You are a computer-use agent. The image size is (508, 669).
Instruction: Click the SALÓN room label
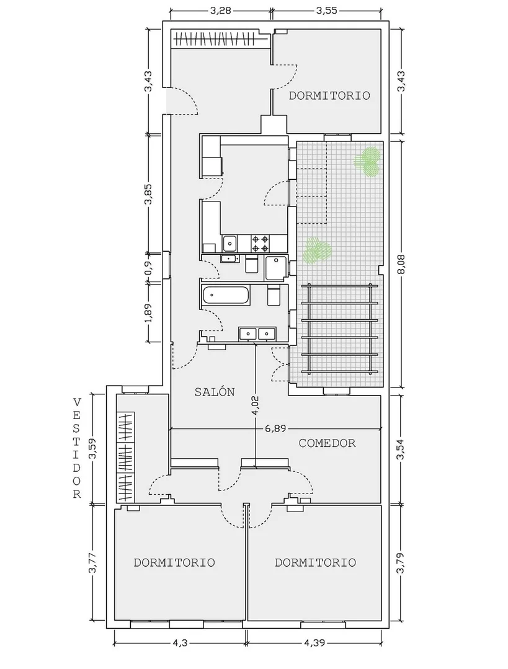pos(215,392)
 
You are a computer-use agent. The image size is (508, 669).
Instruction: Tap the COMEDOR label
pos(327,443)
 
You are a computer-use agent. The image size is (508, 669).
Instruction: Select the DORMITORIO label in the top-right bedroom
pos(329,95)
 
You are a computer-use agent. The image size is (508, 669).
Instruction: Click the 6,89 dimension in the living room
pos(275,428)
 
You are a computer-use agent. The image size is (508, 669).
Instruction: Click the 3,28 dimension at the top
pos(221,11)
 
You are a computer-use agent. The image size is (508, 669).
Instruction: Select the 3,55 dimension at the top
pos(326,11)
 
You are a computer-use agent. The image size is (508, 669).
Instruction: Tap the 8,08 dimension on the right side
pos(401,265)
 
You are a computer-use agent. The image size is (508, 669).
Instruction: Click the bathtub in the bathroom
pos(226,296)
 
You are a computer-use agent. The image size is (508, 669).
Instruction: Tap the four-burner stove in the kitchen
pos(261,244)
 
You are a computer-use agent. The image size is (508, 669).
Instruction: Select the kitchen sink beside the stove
pos(230,244)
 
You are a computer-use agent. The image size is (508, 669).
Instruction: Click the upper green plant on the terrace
pos(368,161)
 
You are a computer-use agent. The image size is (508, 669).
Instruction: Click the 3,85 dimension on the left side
pos(148,194)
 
